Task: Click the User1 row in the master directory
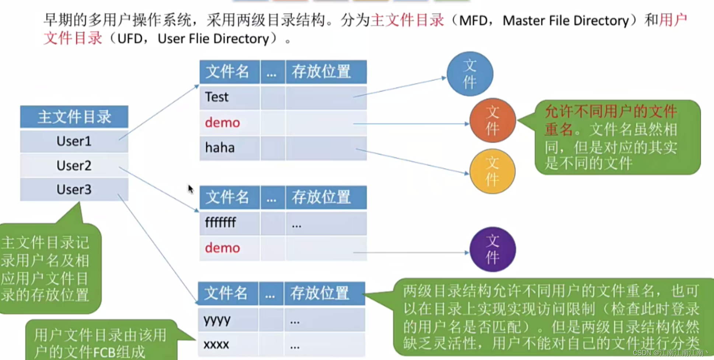tap(74, 141)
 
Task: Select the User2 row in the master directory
tap(74, 166)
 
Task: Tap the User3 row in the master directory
tap(74, 190)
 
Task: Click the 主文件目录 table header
tap(74, 117)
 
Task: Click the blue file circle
tap(470, 74)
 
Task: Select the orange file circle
tap(492, 120)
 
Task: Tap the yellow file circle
tap(492, 171)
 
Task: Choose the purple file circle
tap(492, 249)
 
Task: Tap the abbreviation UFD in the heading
tap(129, 39)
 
